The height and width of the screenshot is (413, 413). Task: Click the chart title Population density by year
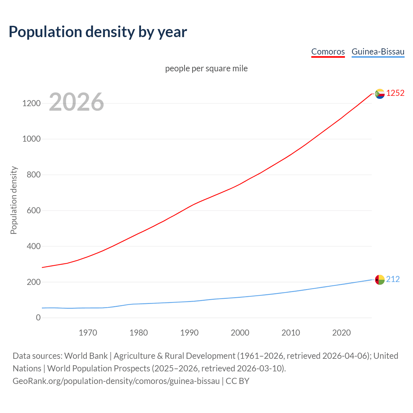coord(98,32)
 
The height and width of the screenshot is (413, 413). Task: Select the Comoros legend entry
coord(328,52)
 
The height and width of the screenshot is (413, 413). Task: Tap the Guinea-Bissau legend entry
coord(378,52)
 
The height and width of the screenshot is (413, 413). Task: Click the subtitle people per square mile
coord(206,68)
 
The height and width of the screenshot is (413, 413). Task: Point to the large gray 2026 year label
coord(76,102)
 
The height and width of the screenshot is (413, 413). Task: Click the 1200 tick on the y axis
coord(31,104)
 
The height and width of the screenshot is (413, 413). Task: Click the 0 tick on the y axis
coord(38,318)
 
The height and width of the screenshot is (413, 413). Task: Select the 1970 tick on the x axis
coord(88,333)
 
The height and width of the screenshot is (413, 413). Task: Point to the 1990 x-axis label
coord(189,333)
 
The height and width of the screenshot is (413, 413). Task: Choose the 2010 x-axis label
coord(291,333)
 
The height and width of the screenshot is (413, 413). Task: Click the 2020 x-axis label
coord(341,333)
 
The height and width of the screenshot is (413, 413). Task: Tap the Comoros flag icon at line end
coord(380,94)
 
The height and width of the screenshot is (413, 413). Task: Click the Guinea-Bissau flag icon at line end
coord(380,279)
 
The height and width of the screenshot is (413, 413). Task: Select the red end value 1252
coord(395,93)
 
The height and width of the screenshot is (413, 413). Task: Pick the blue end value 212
coord(393,279)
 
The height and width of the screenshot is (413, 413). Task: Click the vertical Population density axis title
coord(14,200)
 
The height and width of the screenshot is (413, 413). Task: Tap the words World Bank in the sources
coord(86,356)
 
